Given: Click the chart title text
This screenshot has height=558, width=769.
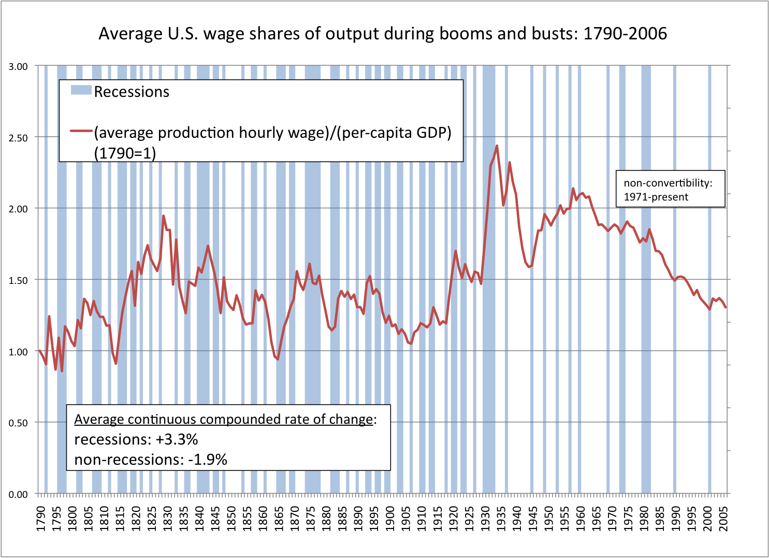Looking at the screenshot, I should [x=383, y=34].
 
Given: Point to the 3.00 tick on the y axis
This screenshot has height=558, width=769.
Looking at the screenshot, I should [x=18, y=66].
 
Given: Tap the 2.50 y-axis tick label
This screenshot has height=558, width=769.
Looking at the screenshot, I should [x=18, y=137].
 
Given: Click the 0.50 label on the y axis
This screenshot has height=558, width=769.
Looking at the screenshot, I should [x=18, y=423].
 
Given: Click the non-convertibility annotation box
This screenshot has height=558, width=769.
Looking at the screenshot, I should [x=670, y=189].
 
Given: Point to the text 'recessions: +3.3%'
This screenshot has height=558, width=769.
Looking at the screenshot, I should [x=136, y=439].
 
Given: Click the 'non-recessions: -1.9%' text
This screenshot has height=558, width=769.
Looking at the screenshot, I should [x=151, y=460].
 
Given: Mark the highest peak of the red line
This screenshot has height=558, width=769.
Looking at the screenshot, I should [x=497, y=146].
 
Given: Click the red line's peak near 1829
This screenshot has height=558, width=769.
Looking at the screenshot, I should [x=163, y=216].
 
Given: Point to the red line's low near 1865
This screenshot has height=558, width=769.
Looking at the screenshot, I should [x=278, y=359].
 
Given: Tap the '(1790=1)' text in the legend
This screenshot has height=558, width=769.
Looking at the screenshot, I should [x=125, y=153].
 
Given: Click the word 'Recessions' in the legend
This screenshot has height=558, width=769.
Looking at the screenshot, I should [x=132, y=92].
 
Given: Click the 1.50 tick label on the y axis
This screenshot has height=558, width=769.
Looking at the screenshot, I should [x=18, y=280].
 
